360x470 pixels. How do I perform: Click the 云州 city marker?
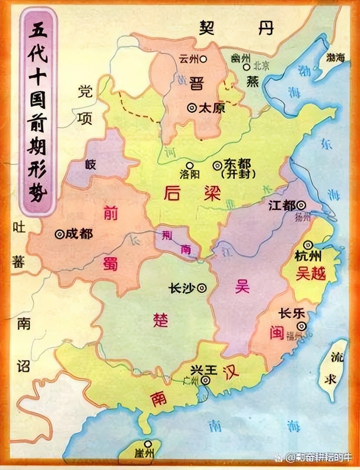(x=203, y=58)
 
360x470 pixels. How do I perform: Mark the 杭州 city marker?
(x=309, y=245)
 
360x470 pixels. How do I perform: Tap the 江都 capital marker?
(x=301, y=205)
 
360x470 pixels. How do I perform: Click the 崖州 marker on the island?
(x=149, y=444)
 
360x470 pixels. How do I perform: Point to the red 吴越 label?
(x=310, y=273)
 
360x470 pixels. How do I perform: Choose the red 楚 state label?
(x=160, y=320)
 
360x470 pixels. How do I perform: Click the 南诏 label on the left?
(x=24, y=344)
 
